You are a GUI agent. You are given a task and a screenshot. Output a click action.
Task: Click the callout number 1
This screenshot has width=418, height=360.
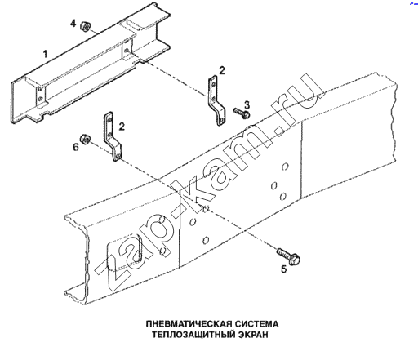point(46,54)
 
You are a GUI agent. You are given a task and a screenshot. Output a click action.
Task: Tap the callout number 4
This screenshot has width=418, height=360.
point(73,24)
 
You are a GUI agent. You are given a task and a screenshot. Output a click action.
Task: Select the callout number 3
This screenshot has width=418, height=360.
point(247,104)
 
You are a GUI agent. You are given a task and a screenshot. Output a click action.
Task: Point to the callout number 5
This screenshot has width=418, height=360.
point(284,269)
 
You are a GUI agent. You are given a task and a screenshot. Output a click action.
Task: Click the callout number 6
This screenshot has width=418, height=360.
point(75,147)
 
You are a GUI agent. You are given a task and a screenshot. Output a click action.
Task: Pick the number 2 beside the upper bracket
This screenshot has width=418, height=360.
point(222,70)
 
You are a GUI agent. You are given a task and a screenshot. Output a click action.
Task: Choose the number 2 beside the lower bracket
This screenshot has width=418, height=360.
point(122,127)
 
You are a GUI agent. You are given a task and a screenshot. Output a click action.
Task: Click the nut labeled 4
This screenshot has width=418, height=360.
point(85,26)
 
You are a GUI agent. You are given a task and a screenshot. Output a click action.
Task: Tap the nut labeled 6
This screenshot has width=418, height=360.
point(85,140)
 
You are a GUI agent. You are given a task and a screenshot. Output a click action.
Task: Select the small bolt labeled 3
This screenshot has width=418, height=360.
point(242,113)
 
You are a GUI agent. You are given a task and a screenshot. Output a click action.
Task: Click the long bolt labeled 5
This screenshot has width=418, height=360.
point(288,256)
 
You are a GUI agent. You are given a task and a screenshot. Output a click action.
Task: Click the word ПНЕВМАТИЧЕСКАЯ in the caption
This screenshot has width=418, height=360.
point(189,324)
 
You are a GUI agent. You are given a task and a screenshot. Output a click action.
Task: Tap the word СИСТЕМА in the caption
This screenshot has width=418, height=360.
point(257,324)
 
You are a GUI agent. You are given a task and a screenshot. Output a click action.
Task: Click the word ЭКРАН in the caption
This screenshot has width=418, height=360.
point(253,335)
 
